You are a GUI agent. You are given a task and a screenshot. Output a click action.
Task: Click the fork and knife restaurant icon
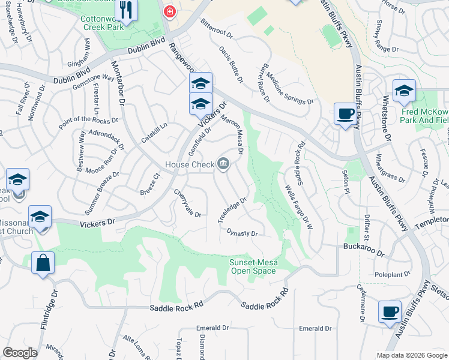tap(125, 10)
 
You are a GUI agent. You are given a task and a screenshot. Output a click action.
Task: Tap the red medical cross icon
tap(170, 12)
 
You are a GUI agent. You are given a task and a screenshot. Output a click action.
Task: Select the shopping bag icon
tap(43, 263)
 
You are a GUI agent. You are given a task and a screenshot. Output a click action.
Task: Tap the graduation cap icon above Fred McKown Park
tap(404, 91)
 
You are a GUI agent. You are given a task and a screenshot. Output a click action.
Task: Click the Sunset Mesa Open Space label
tap(253, 266)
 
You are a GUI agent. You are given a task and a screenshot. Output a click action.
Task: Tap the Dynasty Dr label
tap(242, 233)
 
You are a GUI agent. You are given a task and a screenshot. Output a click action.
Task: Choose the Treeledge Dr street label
tap(232, 210)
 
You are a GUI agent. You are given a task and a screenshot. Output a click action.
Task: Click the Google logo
tap(20, 353)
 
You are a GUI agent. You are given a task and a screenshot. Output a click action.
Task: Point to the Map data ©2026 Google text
tap(411, 355)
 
